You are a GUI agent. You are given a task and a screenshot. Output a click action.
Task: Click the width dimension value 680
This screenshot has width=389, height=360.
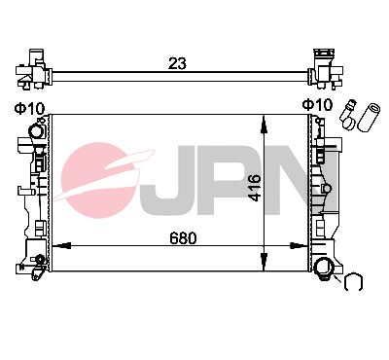(182, 236)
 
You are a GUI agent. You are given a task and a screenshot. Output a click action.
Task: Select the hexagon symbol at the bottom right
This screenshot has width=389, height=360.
(353, 283)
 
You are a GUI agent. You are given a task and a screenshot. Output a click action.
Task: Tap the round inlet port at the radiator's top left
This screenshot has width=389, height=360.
(37, 131)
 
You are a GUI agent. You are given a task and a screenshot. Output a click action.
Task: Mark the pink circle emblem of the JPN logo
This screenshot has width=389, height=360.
(105, 180)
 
